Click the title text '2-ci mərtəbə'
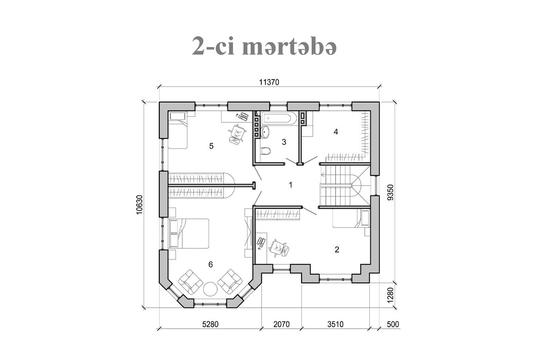coord(264,46)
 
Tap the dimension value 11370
coord(269,82)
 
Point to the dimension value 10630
coord(140,204)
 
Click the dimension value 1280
coord(390,295)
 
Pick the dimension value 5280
coord(210,324)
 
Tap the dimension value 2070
coord(282,324)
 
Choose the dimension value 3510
coord(335,324)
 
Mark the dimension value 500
coord(393,324)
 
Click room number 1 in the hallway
coord(291,185)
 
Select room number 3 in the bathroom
coord(284,142)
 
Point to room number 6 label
coord(211,264)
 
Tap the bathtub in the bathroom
coord(279,119)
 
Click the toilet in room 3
coord(265,151)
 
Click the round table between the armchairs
coord(211,288)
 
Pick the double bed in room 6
coord(188,234)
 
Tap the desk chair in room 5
coord(237,134)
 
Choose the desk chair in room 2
coord(279,248)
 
